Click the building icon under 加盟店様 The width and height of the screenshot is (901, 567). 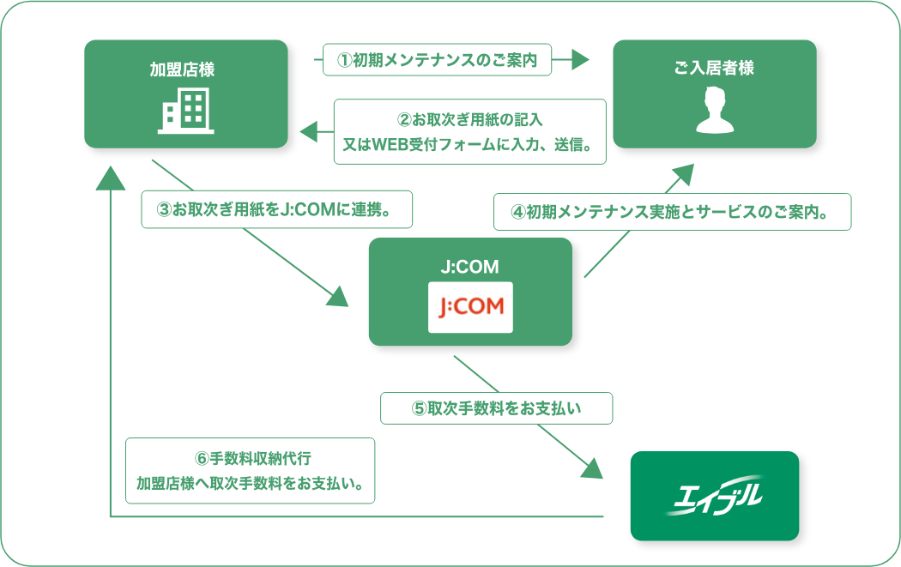point(185,111)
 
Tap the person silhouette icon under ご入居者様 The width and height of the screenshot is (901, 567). point(714,110)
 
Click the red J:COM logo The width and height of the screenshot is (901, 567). point(470,307)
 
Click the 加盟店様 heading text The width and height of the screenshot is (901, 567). point(182,69)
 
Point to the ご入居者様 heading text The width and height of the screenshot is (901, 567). point(714,68)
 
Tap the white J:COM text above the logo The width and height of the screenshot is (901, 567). point(470,267)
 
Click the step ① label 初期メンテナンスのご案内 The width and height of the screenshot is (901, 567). point(438,60)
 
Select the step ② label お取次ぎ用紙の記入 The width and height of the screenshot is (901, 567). point(469,119)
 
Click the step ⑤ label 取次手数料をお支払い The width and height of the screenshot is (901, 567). point(497,408)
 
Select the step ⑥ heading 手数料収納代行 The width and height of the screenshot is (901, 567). point(253,458)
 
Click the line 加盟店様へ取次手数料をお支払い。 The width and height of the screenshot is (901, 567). point(251,483)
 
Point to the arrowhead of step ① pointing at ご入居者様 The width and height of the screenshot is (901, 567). point(580,59)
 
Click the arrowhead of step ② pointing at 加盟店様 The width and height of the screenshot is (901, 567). point(309,131)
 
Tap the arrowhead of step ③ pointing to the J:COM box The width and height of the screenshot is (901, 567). point(338,297)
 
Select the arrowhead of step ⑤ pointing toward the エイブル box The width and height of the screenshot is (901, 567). point(592,468)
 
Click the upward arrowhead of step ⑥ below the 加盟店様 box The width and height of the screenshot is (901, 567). point(111,178)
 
